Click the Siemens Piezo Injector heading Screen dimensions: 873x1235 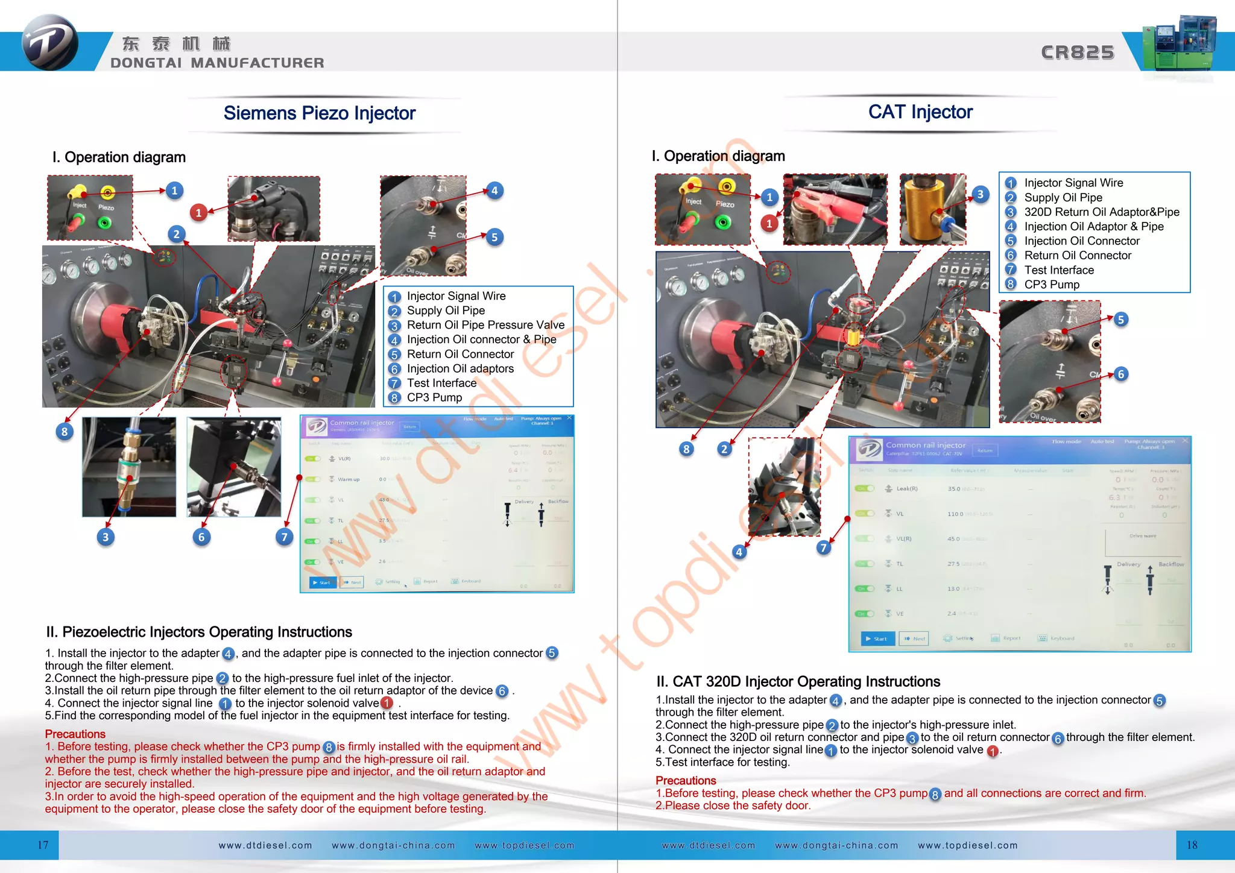click(319, 113)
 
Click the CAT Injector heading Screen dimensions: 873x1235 click(920, 112)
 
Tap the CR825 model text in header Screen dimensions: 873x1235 click(1078, 52)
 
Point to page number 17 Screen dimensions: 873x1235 click(43, 845)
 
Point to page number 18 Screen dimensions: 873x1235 click(1192, 845)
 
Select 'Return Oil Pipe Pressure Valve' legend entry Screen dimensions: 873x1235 click(485, 325)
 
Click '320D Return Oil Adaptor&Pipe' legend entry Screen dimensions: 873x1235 click(1101, 212)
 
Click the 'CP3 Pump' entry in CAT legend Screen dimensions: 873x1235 click(1051, 285)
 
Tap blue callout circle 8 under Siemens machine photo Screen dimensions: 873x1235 click(65, 432)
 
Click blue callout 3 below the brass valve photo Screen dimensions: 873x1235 click(106, 537)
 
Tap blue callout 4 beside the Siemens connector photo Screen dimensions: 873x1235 click(494, 191)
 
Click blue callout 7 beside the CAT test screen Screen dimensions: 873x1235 click(824, 547)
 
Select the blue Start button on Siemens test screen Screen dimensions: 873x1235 click(323, 582)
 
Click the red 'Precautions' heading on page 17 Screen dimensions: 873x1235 click(75, 734)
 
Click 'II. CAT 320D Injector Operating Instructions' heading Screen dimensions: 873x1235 click(798, 682)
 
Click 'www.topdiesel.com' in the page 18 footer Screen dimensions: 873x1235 click(967, 845)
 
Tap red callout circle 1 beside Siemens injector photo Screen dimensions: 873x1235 click(198, 212)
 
